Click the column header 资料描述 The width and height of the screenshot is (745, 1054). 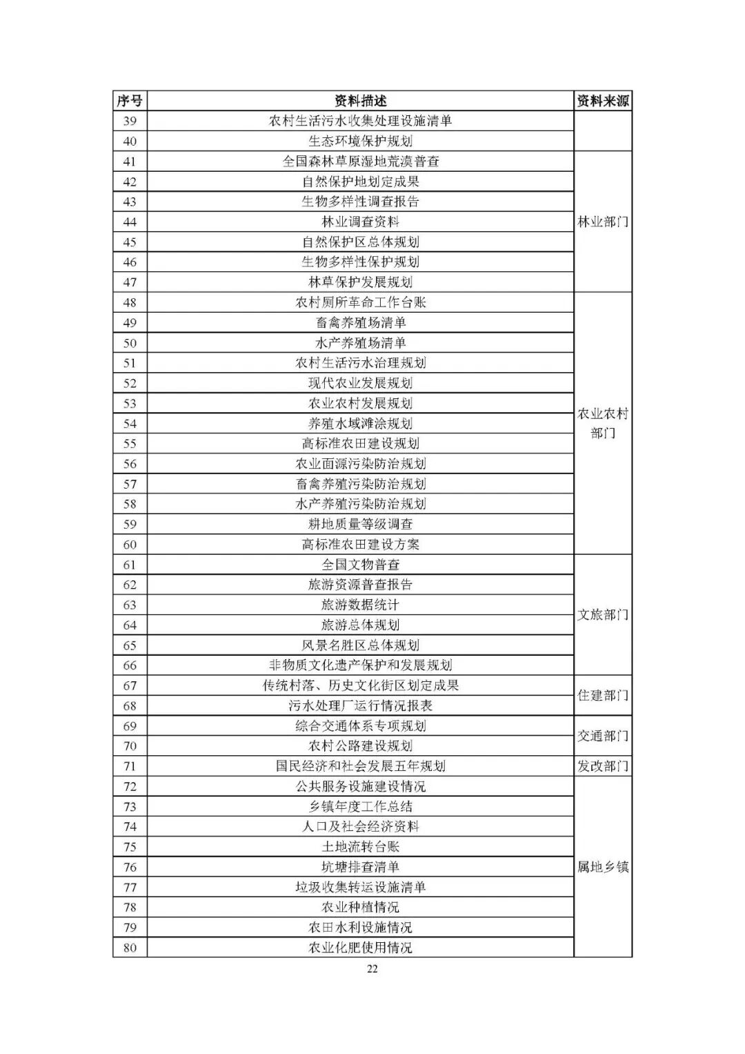(360, 101)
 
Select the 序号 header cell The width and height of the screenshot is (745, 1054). (130, 101)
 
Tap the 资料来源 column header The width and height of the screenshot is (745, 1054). (603, 101)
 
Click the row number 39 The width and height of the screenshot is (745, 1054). (130, 121)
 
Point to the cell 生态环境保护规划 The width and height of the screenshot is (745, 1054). (360, 141)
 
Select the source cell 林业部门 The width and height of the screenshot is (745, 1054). (603, 222)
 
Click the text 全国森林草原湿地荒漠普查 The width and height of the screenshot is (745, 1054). (360, 162)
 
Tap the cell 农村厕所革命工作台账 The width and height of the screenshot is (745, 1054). (360, 302)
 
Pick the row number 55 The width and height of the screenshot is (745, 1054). (130, 443)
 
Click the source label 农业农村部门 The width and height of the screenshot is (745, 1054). (603, 423)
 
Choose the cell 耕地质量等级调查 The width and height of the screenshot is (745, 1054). (360, 524)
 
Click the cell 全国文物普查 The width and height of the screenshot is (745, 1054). (360, 565)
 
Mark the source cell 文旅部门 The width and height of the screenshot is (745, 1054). (603, 614)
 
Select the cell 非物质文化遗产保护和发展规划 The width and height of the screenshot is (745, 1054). (360, 665)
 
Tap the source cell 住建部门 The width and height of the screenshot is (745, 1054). (603, 695)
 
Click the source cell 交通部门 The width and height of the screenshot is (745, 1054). (603, 736)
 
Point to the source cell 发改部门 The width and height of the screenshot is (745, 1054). (603, 766)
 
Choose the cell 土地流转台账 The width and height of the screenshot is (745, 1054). (360, 847)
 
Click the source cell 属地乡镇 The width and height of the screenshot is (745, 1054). (603, 867)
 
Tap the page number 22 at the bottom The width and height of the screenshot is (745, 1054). (372, 968)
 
